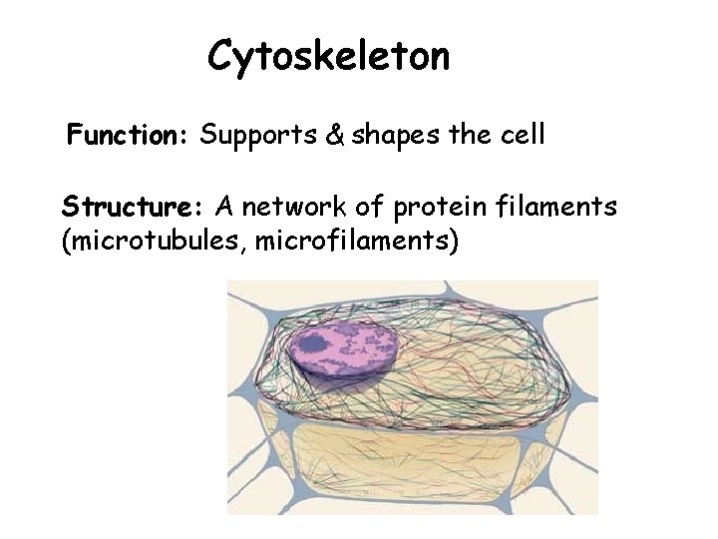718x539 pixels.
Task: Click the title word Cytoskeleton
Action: click(328, 57)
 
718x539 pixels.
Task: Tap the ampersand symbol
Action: click(335, 136)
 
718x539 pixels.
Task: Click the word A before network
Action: click(224, 207)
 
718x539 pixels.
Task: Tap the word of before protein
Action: click(368, 207)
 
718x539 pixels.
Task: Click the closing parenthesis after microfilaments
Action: click(454, 242)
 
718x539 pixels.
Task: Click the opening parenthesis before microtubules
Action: click(67, 242)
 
